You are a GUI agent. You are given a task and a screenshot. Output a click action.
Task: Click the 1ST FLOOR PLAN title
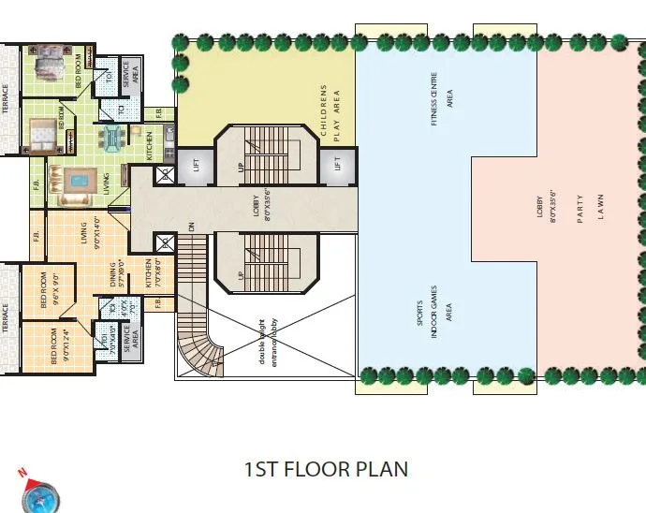(325, 468)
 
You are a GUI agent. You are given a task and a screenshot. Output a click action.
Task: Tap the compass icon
(39, 493)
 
